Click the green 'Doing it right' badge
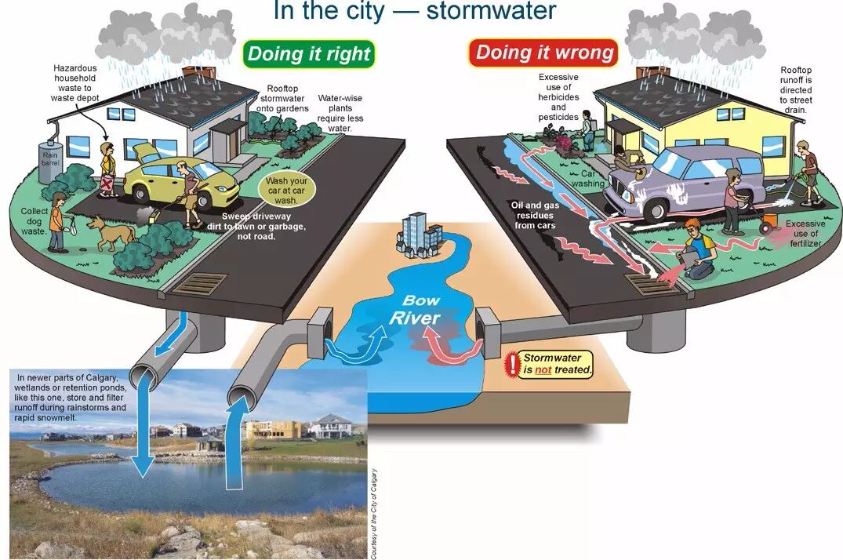coord(308,54)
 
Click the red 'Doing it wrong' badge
coord(544,53)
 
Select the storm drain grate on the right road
coord(648,283)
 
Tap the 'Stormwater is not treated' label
coord(558,363)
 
